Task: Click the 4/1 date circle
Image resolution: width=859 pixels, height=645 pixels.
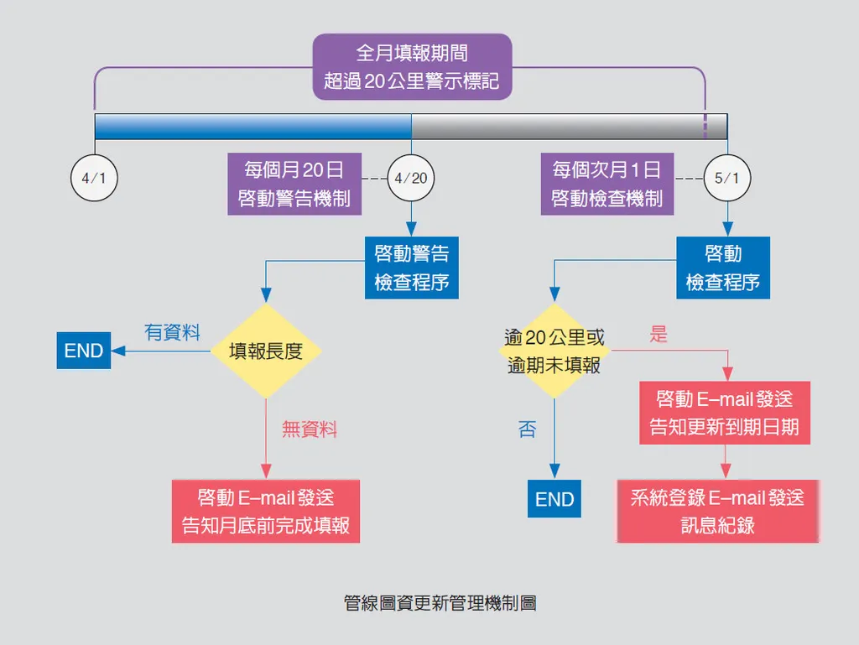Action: point(94,178)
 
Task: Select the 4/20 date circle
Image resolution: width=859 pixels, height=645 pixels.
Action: point(410,178)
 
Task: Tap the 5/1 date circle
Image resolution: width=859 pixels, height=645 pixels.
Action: point(726,178)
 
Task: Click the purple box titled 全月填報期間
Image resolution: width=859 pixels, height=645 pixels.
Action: point(412,67)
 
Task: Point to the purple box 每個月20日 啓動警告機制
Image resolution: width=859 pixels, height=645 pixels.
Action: point(294,184)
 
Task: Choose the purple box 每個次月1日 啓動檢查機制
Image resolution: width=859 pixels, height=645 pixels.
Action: point(607,184)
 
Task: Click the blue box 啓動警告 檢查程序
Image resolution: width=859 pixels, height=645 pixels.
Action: point(412,268)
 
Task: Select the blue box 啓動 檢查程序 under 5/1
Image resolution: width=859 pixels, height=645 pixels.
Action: point(723,268)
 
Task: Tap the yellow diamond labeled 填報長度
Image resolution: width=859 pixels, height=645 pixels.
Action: point(265,351)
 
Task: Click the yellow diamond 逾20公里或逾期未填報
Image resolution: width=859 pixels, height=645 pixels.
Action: point(554,351)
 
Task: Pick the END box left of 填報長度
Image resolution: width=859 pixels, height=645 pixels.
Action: point(84,351)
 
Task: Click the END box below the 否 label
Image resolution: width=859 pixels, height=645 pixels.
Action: point(554,500)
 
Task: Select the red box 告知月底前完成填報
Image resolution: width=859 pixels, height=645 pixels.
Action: point(266,512)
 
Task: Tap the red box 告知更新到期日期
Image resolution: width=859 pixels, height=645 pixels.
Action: point(725,413)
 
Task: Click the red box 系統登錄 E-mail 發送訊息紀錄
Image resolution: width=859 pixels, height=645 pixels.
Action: point(717,511)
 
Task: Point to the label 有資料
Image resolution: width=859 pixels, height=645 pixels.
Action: point(172,333)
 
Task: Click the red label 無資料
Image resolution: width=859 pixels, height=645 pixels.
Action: point(310,429)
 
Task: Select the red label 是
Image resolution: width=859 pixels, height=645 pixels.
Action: point(659,334)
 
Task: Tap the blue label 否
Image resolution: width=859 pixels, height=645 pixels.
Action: point(527,430)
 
